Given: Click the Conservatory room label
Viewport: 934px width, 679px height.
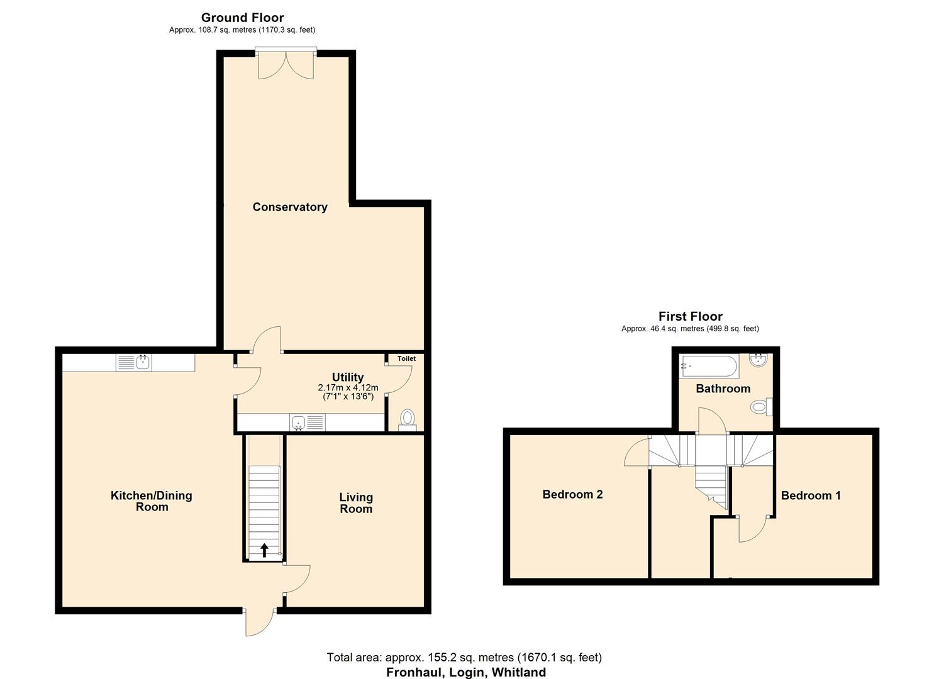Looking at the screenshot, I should click(x=289, y=207).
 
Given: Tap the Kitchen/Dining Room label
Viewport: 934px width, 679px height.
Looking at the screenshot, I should click(x=152, y=501).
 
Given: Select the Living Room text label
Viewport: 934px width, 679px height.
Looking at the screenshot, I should click(x=356, y=503).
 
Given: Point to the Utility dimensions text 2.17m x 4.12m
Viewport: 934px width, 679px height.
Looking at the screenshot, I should click(x=348, y=388).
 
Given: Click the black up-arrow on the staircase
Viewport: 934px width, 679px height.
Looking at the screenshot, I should click(x=264, y=550).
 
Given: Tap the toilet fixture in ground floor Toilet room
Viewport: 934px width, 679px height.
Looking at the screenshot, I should click(x=408, y=419).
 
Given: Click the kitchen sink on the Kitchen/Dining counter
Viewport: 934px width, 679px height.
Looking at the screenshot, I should click(x=143, y=362).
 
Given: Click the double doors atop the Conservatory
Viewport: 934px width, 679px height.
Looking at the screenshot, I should click(x=286, y=65).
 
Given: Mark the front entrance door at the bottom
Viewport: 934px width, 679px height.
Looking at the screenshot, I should click(x=259, y=622).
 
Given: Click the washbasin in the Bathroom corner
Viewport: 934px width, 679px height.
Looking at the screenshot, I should click(x=758, y=360).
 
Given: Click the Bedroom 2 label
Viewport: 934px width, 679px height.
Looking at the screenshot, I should click(x=572, y=494).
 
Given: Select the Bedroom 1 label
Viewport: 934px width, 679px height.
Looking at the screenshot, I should click(x=811, y=495).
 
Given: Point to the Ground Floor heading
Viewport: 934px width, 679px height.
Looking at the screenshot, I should click(x=242, y=18).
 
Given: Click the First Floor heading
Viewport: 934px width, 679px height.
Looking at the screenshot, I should click(x=690, y=316).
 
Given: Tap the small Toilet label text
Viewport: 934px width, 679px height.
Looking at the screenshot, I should click(x=406, y=358).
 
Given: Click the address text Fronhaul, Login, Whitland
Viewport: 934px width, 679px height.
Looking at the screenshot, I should click(x=465, y=672).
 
